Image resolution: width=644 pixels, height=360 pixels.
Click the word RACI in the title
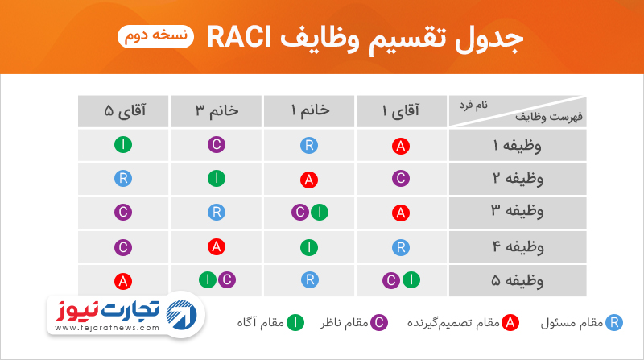(x=238, y=37)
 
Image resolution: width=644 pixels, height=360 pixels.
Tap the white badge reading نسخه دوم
(x=155, y=36)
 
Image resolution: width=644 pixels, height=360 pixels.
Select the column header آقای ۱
(x=401, y=111)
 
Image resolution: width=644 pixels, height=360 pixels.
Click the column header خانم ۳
(x=217, y=111)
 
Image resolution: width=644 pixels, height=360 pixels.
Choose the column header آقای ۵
(x=124, y=111)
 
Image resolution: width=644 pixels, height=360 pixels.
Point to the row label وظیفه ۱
(x=518, y=146)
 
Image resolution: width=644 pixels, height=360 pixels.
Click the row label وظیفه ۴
(x=518, y=247)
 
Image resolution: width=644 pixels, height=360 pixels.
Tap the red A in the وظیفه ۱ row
(x=401, y=146)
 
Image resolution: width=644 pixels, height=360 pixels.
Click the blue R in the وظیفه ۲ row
(x=123, y=179)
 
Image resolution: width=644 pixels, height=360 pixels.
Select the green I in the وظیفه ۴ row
(x=309, y=247)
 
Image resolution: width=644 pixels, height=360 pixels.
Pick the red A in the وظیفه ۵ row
(x=123, y=282)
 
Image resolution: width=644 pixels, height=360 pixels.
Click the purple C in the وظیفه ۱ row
(x=217, y=145)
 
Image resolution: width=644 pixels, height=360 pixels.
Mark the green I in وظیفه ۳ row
(x=320, y=213)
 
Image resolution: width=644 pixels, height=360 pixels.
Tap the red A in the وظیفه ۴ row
(x=217, y=246)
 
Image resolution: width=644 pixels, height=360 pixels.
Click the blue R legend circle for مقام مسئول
(x=614, y=323)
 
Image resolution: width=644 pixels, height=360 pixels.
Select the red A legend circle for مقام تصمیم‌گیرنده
(x=510, y=323)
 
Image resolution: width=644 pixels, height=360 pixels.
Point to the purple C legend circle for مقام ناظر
(x=379, y=323)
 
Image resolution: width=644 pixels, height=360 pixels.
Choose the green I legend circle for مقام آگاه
(x=295, y=323)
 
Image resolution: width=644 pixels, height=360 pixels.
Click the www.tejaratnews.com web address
(x=107, y=328)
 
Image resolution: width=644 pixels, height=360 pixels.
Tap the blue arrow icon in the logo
(x=181, y=315)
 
